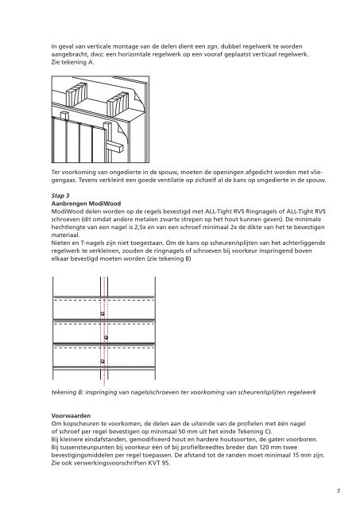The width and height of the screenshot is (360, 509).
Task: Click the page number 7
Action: click(x=339, y=491)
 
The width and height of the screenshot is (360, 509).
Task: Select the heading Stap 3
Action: click(x=60, y=196)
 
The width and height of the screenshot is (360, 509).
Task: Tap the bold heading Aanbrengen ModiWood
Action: click(x=86, y=204)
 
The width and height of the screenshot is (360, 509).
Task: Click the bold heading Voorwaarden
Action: click(x=71, y=415)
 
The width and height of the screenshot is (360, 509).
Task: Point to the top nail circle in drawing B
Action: click(x=103, y=313)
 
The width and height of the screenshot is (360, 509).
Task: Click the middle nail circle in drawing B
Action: click(x=106, y=337)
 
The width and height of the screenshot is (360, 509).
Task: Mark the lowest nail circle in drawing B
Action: click(x=103, y=361)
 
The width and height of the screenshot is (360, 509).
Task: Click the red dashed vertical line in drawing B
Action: click(x=104, y=328)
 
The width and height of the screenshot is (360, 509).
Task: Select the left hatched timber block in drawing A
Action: click(x=77, y=94)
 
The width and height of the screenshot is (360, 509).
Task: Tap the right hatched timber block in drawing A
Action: click(x=118, y=104)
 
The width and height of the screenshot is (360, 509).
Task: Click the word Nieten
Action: click(x=60, y=243)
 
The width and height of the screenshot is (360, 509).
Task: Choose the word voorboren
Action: click(x=302, y=439)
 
